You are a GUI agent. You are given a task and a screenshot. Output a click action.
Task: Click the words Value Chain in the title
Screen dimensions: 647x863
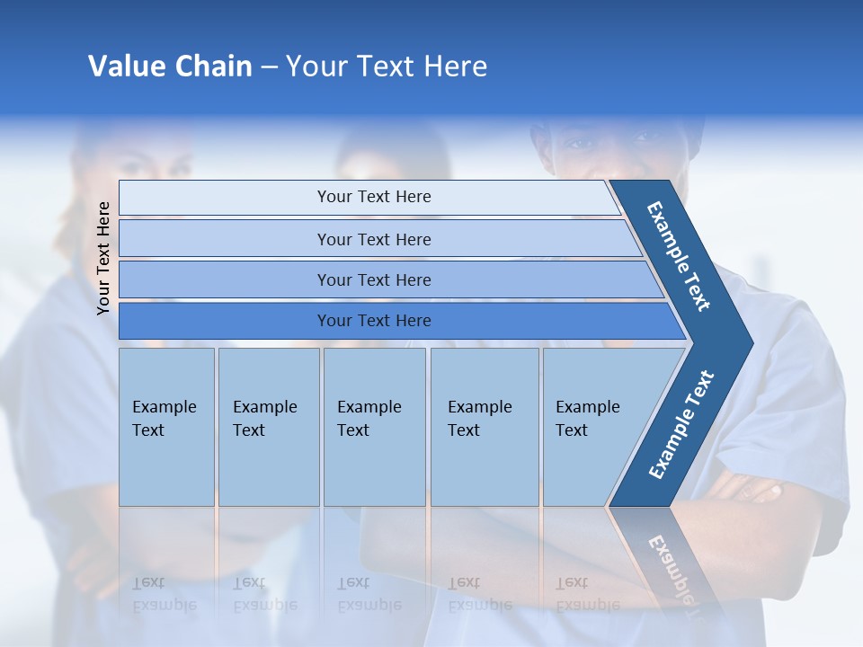(x=170, y=66)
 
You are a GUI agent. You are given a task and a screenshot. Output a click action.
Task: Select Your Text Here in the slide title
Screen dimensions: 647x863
(x=387, y=66)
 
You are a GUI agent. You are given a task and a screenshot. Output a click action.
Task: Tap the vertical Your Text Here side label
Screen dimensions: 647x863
(x=103, y=258)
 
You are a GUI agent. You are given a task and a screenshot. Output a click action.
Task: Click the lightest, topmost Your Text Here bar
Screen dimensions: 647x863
(x=373, y=197)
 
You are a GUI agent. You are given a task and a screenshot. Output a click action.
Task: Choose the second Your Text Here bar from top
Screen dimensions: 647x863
(x=373, y=239)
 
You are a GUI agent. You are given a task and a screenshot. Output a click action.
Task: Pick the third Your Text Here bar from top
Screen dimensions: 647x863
(x=373, y=279)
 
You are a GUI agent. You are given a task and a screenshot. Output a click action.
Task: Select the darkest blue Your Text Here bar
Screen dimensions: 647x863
(x=373, y=321)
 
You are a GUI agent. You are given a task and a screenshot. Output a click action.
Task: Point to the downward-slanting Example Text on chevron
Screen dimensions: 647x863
(x=680, y=256)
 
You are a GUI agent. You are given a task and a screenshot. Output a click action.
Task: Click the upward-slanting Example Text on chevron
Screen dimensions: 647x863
(x=681, y=424)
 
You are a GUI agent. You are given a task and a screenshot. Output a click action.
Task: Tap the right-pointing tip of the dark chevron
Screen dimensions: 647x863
(x=748, y=343)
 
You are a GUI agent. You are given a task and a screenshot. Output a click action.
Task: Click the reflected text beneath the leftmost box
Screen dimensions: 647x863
(x=165, y=594)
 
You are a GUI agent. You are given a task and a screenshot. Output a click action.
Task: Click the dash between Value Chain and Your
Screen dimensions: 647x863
(x=269, y=67)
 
